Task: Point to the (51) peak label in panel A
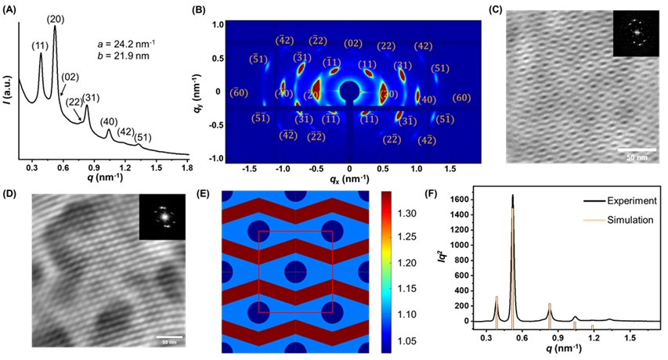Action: point(143,138)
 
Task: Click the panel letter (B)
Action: point(219,9)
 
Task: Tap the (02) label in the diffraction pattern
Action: point(353,44)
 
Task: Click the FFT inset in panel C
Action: point(636,34)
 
